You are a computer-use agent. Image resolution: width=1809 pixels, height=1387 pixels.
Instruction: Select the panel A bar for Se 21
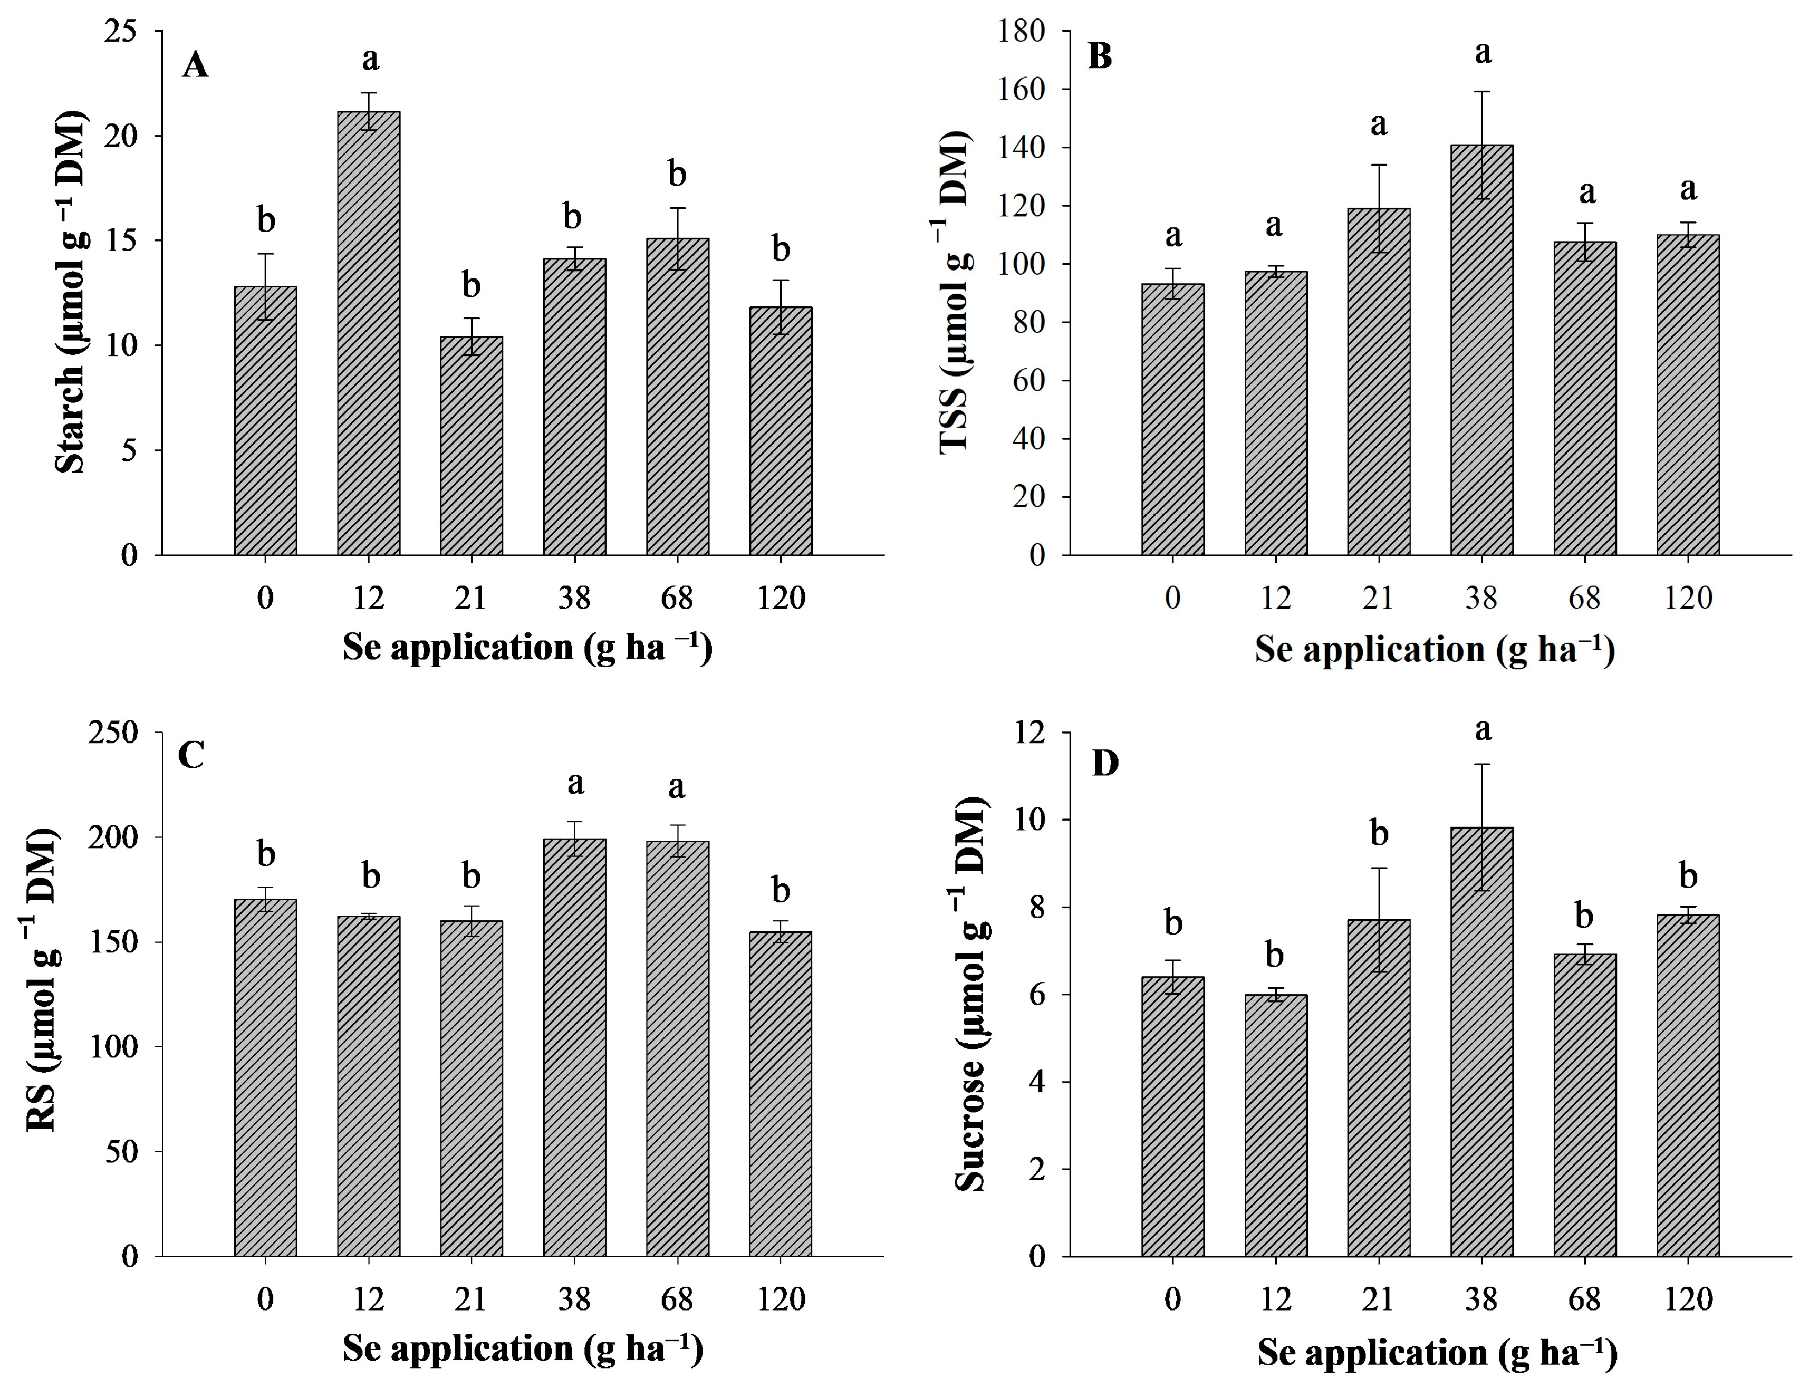click(x=472, y=446)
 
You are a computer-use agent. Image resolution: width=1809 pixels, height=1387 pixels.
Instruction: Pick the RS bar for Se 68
click(x=677, y=1048)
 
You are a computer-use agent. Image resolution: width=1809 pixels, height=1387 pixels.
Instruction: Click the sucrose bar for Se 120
click(x=1688, y=1086)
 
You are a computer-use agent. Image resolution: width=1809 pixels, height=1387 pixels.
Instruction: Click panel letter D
click(x=1105, y=764)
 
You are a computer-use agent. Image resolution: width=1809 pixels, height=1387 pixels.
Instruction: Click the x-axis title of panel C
click(x=523, y=1348)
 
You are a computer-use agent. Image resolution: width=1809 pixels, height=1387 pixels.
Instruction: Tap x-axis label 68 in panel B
click(x=1584, y=598)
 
